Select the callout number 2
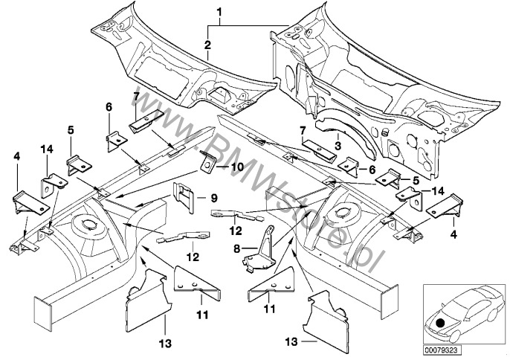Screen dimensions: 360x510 208,45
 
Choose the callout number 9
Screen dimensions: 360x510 213,197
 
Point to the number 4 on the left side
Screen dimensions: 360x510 16,156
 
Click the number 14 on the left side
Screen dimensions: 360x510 47,150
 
